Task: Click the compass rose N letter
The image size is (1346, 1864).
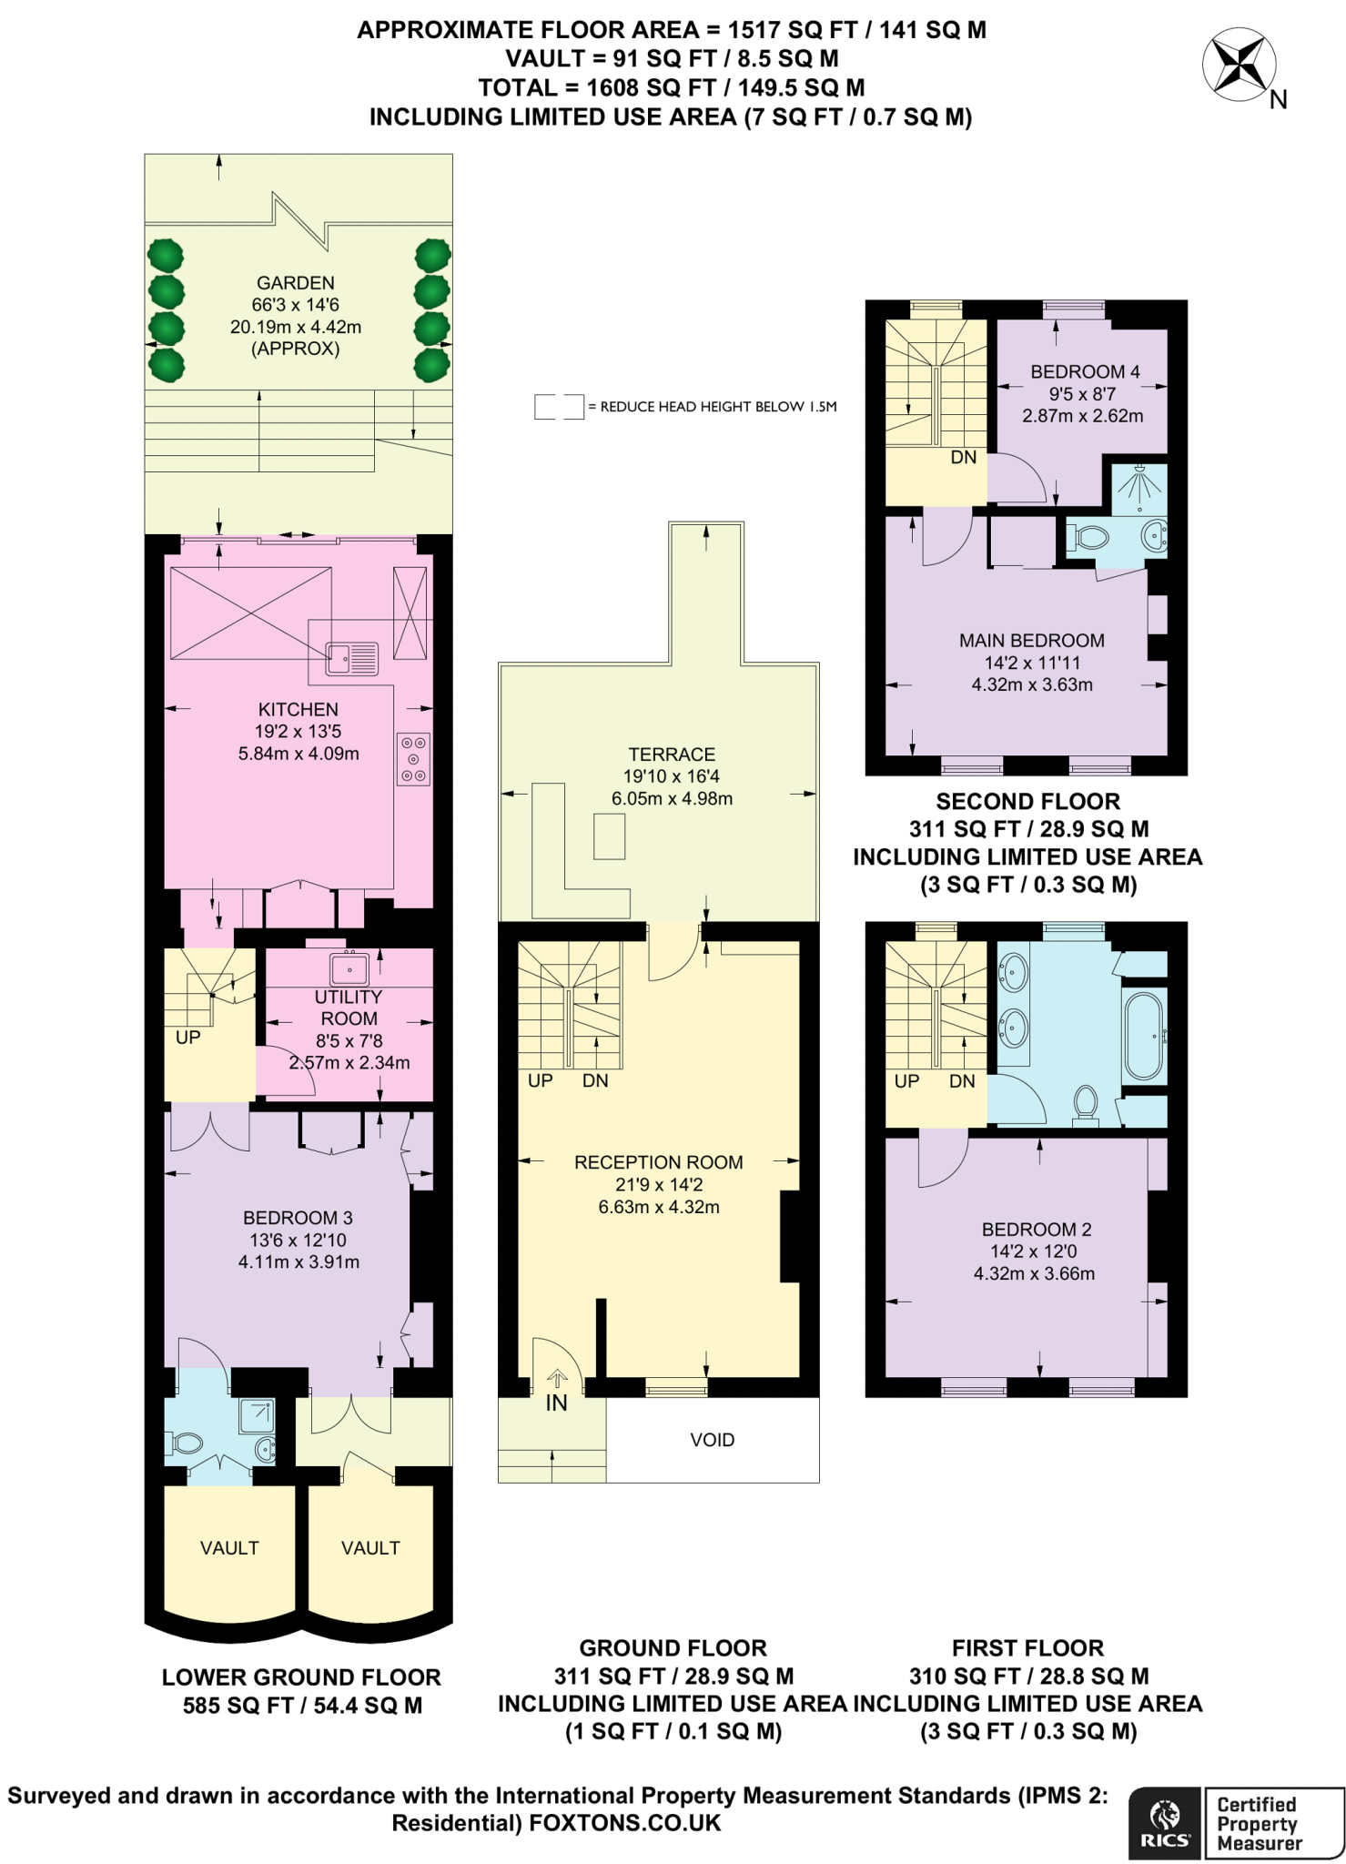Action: (1278, 100)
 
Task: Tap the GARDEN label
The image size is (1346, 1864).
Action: (295, 283)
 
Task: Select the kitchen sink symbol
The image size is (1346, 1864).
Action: (352, 657)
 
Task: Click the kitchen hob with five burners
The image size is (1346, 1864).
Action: (413, 759)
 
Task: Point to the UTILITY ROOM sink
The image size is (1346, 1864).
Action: (349, 968)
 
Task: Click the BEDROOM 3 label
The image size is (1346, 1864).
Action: (298, 1218)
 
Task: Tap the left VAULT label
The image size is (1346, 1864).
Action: (229, 1548)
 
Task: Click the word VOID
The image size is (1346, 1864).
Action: (712, 1440)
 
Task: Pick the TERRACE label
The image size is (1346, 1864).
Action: (672, 755)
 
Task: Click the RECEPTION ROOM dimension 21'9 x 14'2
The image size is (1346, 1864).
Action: (658, 1185)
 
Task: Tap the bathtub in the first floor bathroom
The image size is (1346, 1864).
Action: (1144, 1037)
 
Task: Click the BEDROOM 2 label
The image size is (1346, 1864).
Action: (1036, 1230)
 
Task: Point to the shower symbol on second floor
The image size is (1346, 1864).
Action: (1139, 486)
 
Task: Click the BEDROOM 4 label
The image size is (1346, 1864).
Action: (1084, 371)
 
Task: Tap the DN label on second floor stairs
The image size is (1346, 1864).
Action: (963, 458)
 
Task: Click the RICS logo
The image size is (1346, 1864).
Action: (1165, 1823)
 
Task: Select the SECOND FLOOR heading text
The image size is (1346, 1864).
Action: (1027, 802)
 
